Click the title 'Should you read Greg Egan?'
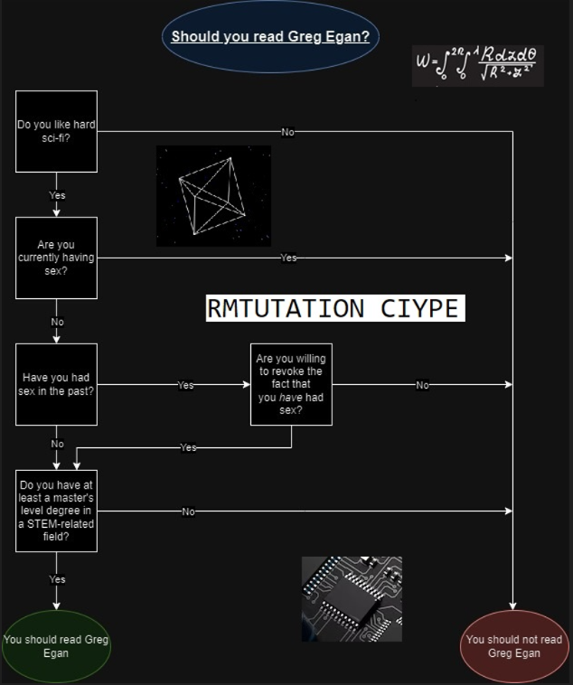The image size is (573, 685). tap(270, 37)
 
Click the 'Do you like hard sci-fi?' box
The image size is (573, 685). tap(56, 131)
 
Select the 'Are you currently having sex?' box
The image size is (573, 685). tap(56, 258)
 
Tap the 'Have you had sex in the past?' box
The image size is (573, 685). tap(56, 384)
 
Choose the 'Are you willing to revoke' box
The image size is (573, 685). tap(291, 384)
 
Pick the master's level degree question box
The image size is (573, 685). tap(56, 511)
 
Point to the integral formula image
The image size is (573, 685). tap(477, 65)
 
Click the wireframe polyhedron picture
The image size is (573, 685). tap(213, 196)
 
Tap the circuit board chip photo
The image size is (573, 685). tap(352, 598)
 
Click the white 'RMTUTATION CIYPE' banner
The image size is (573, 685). tap(334, 308)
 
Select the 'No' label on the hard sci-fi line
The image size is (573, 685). tap(287, 132)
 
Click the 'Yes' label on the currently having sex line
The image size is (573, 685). tap(287, 258)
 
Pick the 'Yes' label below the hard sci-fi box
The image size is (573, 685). tap(57, 195)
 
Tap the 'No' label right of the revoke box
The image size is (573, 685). tap(422, 385)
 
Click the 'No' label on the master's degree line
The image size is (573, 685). tap(188, 511)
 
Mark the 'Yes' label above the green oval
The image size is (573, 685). tap(57, 579)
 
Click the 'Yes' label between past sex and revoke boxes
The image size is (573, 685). tap(184, 385)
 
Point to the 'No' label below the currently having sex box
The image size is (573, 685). tap(57, 322)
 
